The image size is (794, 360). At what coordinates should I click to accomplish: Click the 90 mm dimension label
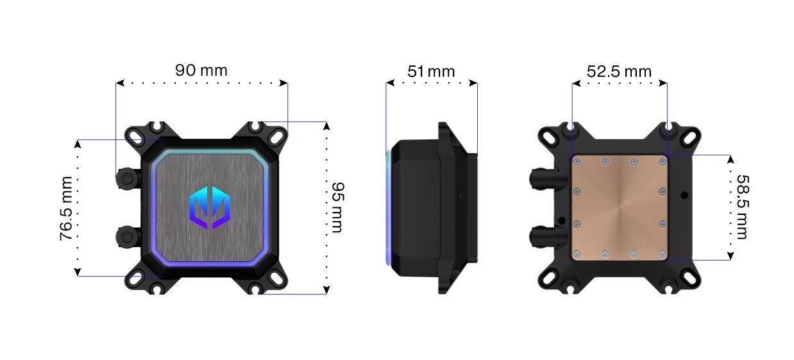[x=201, y=70]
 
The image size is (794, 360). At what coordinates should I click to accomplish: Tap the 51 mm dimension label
[x=431, y=72]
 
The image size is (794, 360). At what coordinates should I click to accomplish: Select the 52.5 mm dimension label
[x=619, y=72]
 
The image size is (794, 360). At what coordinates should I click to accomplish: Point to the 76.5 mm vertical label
[x=66, y=208]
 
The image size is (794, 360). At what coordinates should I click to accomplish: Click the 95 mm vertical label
[x=337, y=207]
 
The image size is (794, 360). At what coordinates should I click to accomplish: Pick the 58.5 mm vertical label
[x=743, y=207]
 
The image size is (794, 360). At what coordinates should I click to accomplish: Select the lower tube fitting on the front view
[x=128, y=237]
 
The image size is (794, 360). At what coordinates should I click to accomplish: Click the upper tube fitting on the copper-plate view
[x=544, y=179]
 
